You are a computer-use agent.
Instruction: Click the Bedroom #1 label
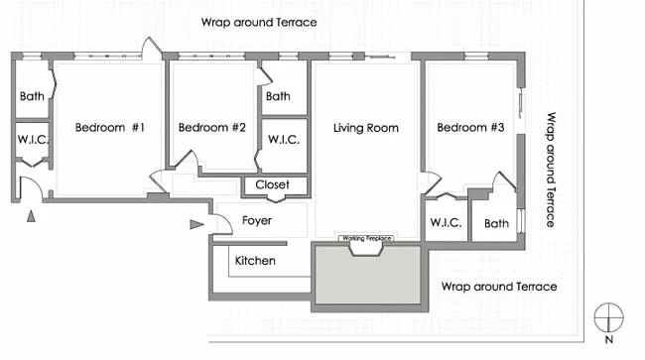point(110,128)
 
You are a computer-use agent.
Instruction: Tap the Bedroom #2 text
point(211,128)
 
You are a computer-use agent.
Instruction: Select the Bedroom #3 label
point(470,128)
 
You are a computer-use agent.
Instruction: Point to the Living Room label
point(365,128)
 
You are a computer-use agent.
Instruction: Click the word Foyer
point(257,221)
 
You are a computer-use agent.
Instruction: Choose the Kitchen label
point(255,261)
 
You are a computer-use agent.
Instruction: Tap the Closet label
point(272,185)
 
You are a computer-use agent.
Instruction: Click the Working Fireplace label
point(366,239)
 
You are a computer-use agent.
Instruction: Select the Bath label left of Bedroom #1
point(31,96)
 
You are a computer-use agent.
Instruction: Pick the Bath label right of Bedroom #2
point(278,96)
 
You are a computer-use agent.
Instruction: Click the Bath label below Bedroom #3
point(496,224)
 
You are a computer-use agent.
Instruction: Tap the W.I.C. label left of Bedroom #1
point(33,140)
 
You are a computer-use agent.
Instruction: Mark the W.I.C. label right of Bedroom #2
point(284,140)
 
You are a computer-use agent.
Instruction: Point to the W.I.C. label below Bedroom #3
point(446,224)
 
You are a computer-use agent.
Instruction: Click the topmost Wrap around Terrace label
point(259,22)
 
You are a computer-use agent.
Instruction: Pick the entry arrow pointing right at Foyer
point(196,225)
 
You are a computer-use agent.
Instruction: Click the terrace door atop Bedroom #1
point(149,50)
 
